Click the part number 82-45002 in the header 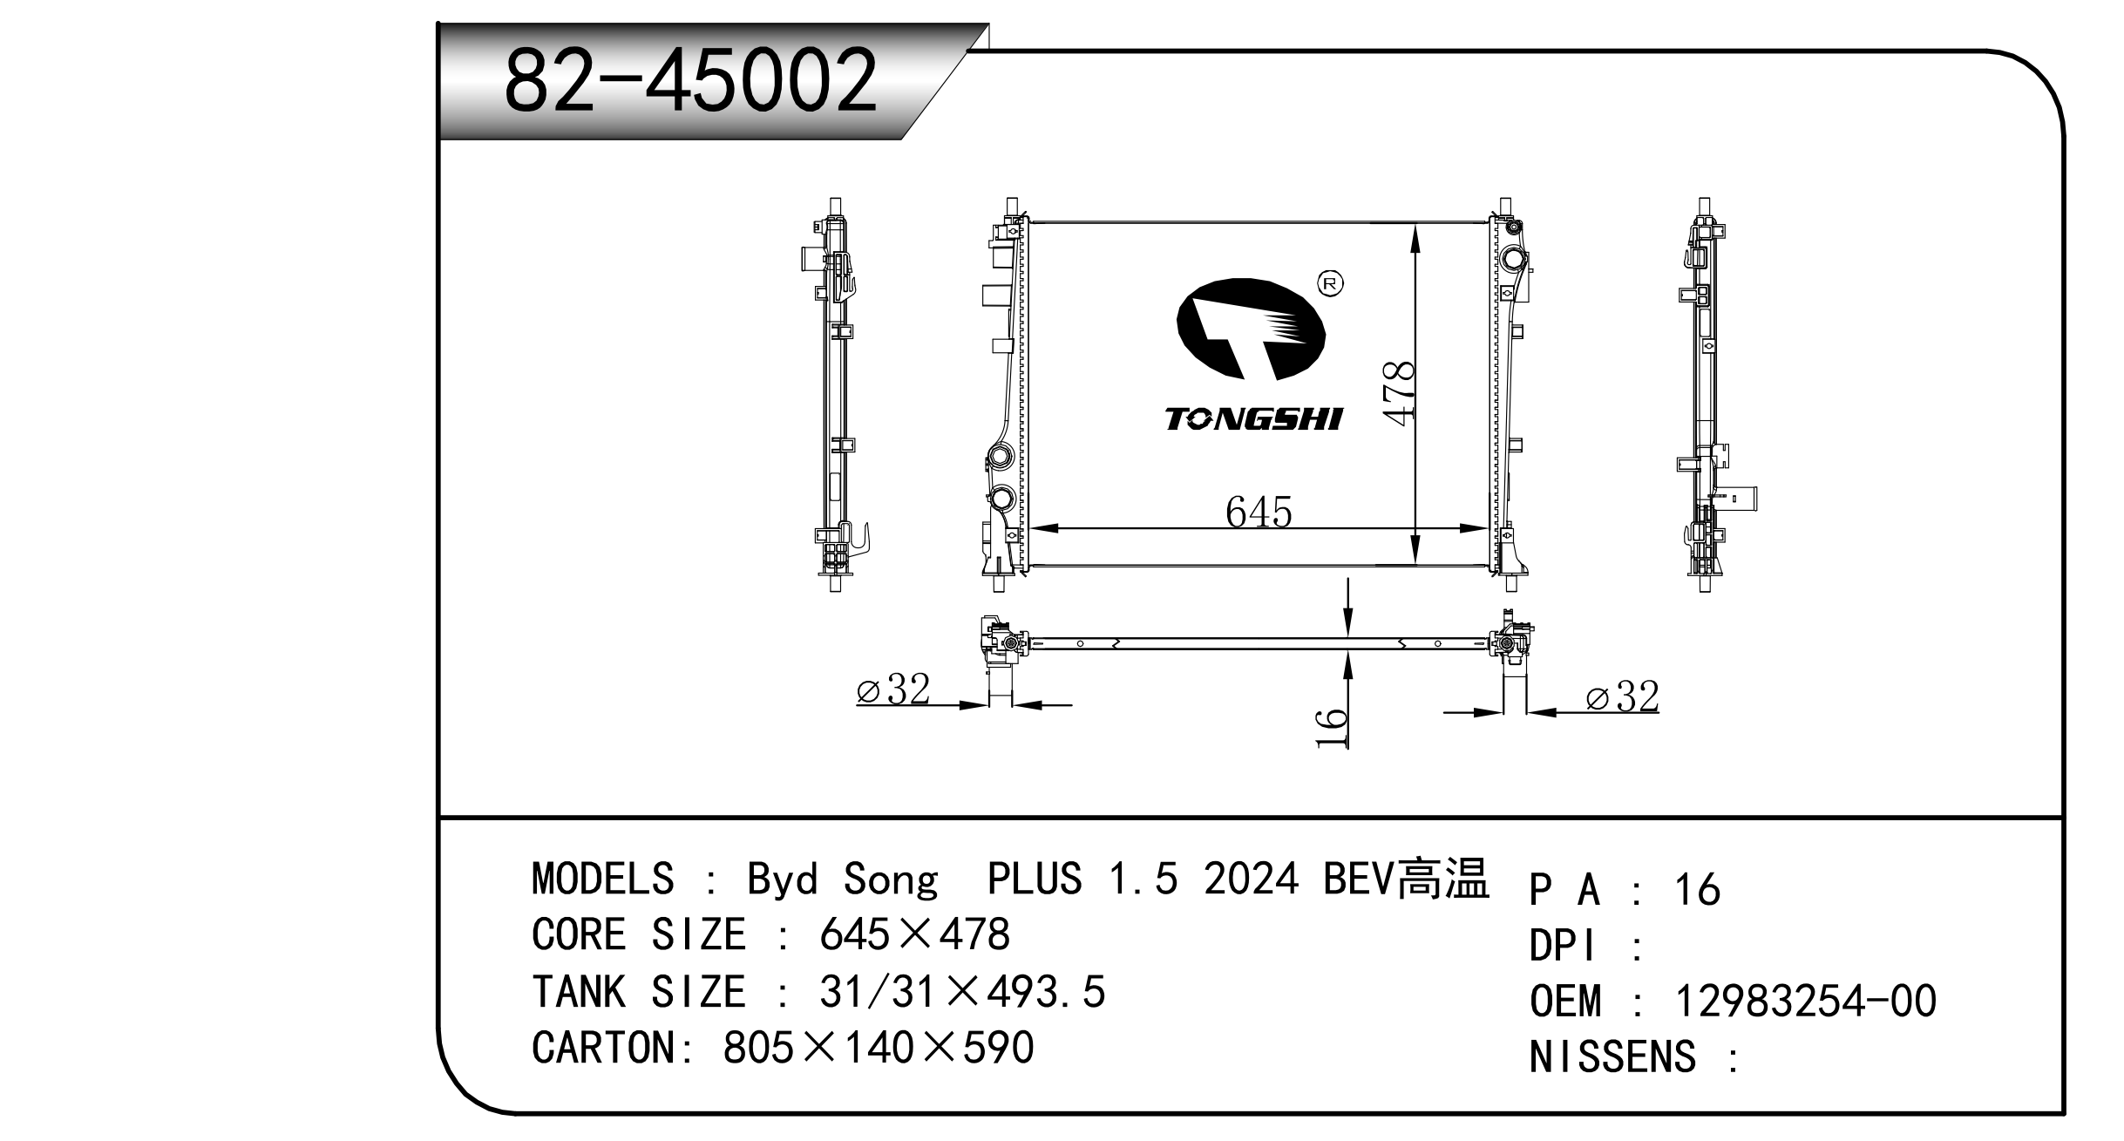690,81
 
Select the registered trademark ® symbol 1332,283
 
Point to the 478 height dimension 1398,393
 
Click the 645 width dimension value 1258,513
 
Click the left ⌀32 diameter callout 893,689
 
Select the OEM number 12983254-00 1805,1001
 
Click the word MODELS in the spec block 602,879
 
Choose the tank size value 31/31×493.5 962,992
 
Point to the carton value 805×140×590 878,1048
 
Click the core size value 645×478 914,935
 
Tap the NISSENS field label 1612,1056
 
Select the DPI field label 1564,946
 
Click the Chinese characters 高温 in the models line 1444,878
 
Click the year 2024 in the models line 1251,879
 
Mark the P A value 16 1697,890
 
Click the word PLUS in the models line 1034,879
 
